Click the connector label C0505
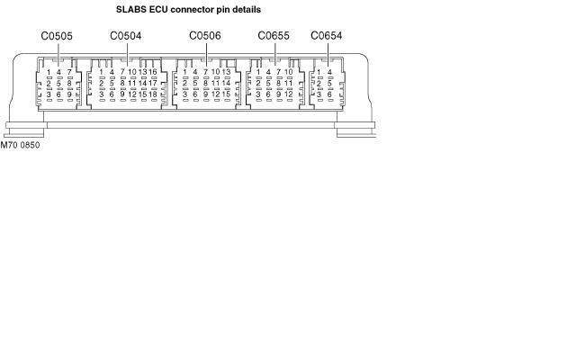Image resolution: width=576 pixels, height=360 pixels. click(x=57, y=36)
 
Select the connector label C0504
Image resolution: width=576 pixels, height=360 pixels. click(x=126, y=36)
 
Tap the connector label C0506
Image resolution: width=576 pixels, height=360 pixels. click(x=205, y=36)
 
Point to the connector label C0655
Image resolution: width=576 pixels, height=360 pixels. click(x=274, y=36)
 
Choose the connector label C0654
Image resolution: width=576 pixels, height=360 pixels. click(x=327, y=36)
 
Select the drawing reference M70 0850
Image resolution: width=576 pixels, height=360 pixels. click(x=20, y=145)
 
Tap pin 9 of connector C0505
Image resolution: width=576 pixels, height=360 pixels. click(x=69, y=94)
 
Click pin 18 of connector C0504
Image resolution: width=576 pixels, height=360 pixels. click(x=153, y=94)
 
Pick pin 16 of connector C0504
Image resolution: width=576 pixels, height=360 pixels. click(x=153, y=72)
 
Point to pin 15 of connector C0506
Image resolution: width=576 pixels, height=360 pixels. click(x=226, y=94)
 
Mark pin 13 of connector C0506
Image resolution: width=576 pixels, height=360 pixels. click(x=226, y=72)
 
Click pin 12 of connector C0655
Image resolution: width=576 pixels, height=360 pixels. click(x=289, y=94)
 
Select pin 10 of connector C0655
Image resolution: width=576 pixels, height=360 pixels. click(x=289, y=72)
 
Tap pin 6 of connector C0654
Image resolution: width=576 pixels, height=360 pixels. click(x=329, y=94)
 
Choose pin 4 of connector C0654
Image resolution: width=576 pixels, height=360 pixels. click(x=329, y=72)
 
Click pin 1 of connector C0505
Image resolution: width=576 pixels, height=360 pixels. click(x=49, y=72)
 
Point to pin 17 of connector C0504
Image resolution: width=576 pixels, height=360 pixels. click(x=153, y=83)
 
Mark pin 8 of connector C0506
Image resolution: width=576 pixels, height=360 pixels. click(x=205, y=83)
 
